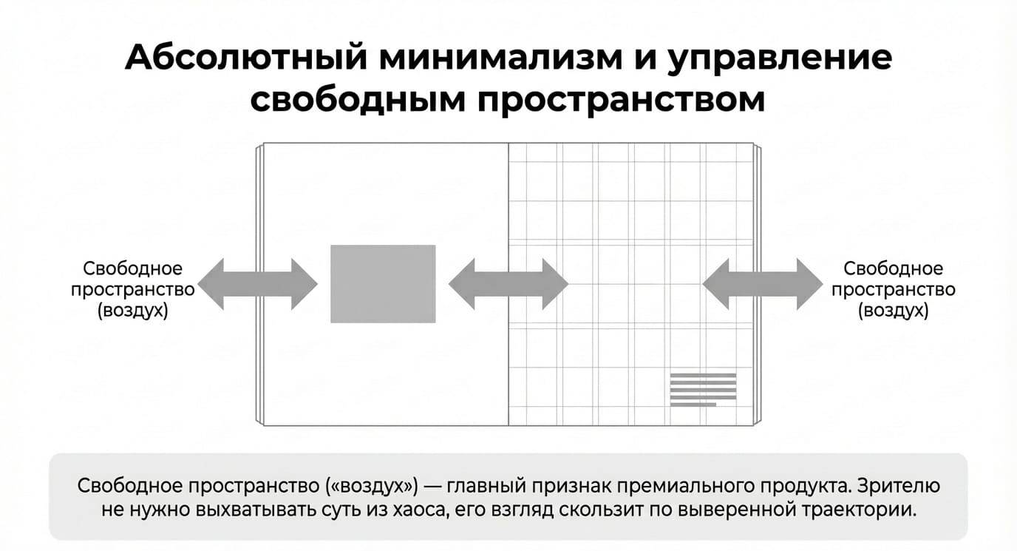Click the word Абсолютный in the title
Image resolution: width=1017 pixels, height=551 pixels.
[246, 57]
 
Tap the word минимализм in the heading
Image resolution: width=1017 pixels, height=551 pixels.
[500, 58]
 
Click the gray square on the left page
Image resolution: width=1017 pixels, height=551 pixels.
[383, 284]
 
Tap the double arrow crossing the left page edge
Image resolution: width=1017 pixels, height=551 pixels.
[257, 284]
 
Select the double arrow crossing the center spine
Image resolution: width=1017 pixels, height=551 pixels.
[508, 284]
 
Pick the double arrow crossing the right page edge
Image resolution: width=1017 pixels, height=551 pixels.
[762, 284]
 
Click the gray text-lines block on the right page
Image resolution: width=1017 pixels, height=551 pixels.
[704, 390]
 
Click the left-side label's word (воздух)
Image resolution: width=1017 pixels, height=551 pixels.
[132, 311]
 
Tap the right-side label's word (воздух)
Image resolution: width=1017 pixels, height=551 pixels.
[893, 311]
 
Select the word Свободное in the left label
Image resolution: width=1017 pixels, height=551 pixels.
[132, 268]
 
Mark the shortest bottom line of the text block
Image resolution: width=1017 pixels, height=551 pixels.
[693, 405]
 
